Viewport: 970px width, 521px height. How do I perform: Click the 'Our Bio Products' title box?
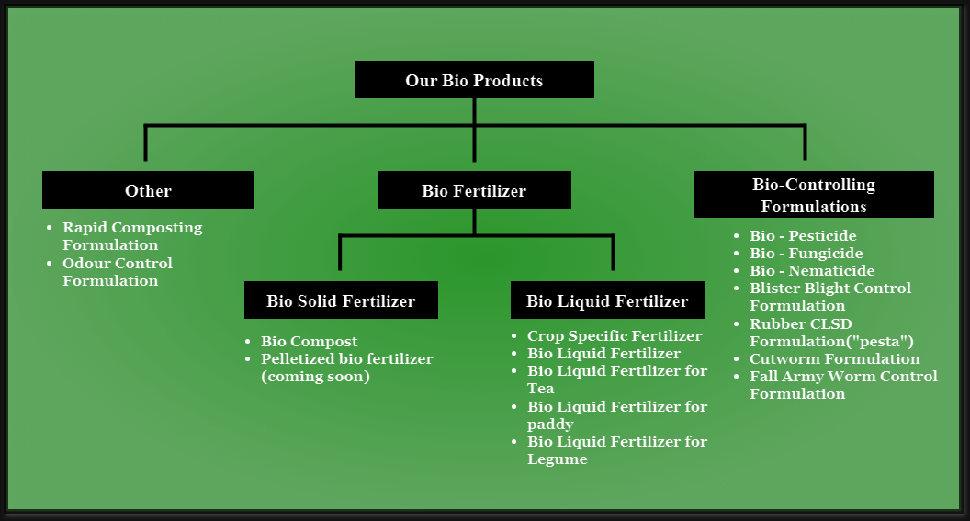[474, 80]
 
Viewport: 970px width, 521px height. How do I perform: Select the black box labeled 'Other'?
[148, 190]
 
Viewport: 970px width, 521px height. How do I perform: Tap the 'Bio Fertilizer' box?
[474, 190]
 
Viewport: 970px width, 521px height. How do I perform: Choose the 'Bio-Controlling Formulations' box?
[814, 194]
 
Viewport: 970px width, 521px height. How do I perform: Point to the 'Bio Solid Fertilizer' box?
[341, 300]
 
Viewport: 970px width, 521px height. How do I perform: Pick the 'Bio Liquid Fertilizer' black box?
[607, 300]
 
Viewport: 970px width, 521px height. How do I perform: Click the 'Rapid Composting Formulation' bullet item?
[132, 236]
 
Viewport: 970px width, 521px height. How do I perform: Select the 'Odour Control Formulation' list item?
[118, 272]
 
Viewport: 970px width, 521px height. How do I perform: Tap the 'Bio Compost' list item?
[310, 342]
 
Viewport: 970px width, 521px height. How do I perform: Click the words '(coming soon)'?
[315, 377]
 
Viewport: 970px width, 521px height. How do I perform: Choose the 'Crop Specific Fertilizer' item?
[615, 336]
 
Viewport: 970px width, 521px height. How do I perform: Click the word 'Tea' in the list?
[541, 389]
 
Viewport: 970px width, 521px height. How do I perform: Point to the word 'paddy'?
[550, 425]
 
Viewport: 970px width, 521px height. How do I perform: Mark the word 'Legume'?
[558, 459]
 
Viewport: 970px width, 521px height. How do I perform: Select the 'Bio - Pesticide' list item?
[803, 236]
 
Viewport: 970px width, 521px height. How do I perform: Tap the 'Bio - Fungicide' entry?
[806, 253]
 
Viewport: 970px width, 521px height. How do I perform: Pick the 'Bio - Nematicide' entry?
[812, 270]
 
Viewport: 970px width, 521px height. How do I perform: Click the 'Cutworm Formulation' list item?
[835, 359]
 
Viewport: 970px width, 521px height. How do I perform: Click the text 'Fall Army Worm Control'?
[844, 376]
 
